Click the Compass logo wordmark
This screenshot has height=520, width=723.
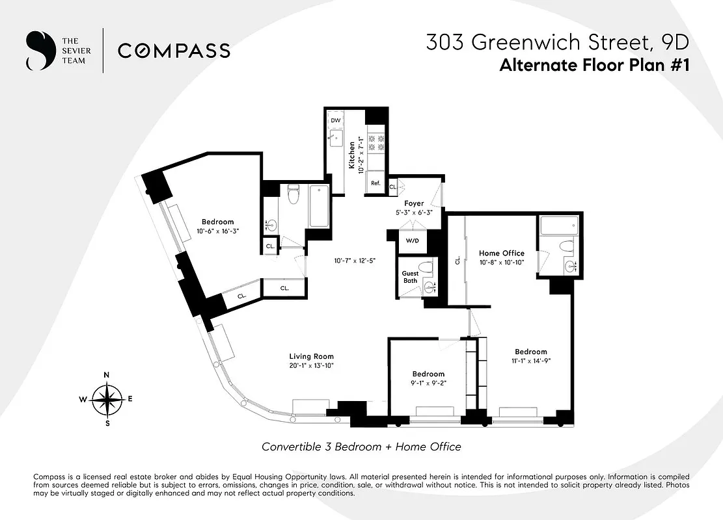174,51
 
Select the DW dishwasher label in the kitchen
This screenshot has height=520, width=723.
336,121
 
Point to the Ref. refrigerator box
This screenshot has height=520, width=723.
375,183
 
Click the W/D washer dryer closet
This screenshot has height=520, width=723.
413,240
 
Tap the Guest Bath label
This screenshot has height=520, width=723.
410,277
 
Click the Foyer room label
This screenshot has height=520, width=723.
414,203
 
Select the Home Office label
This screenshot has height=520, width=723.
501,253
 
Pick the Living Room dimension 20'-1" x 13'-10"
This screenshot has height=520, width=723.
311,365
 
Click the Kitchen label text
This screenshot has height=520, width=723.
351,156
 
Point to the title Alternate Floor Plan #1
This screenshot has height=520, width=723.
593,66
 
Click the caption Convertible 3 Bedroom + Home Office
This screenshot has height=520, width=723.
361,447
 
